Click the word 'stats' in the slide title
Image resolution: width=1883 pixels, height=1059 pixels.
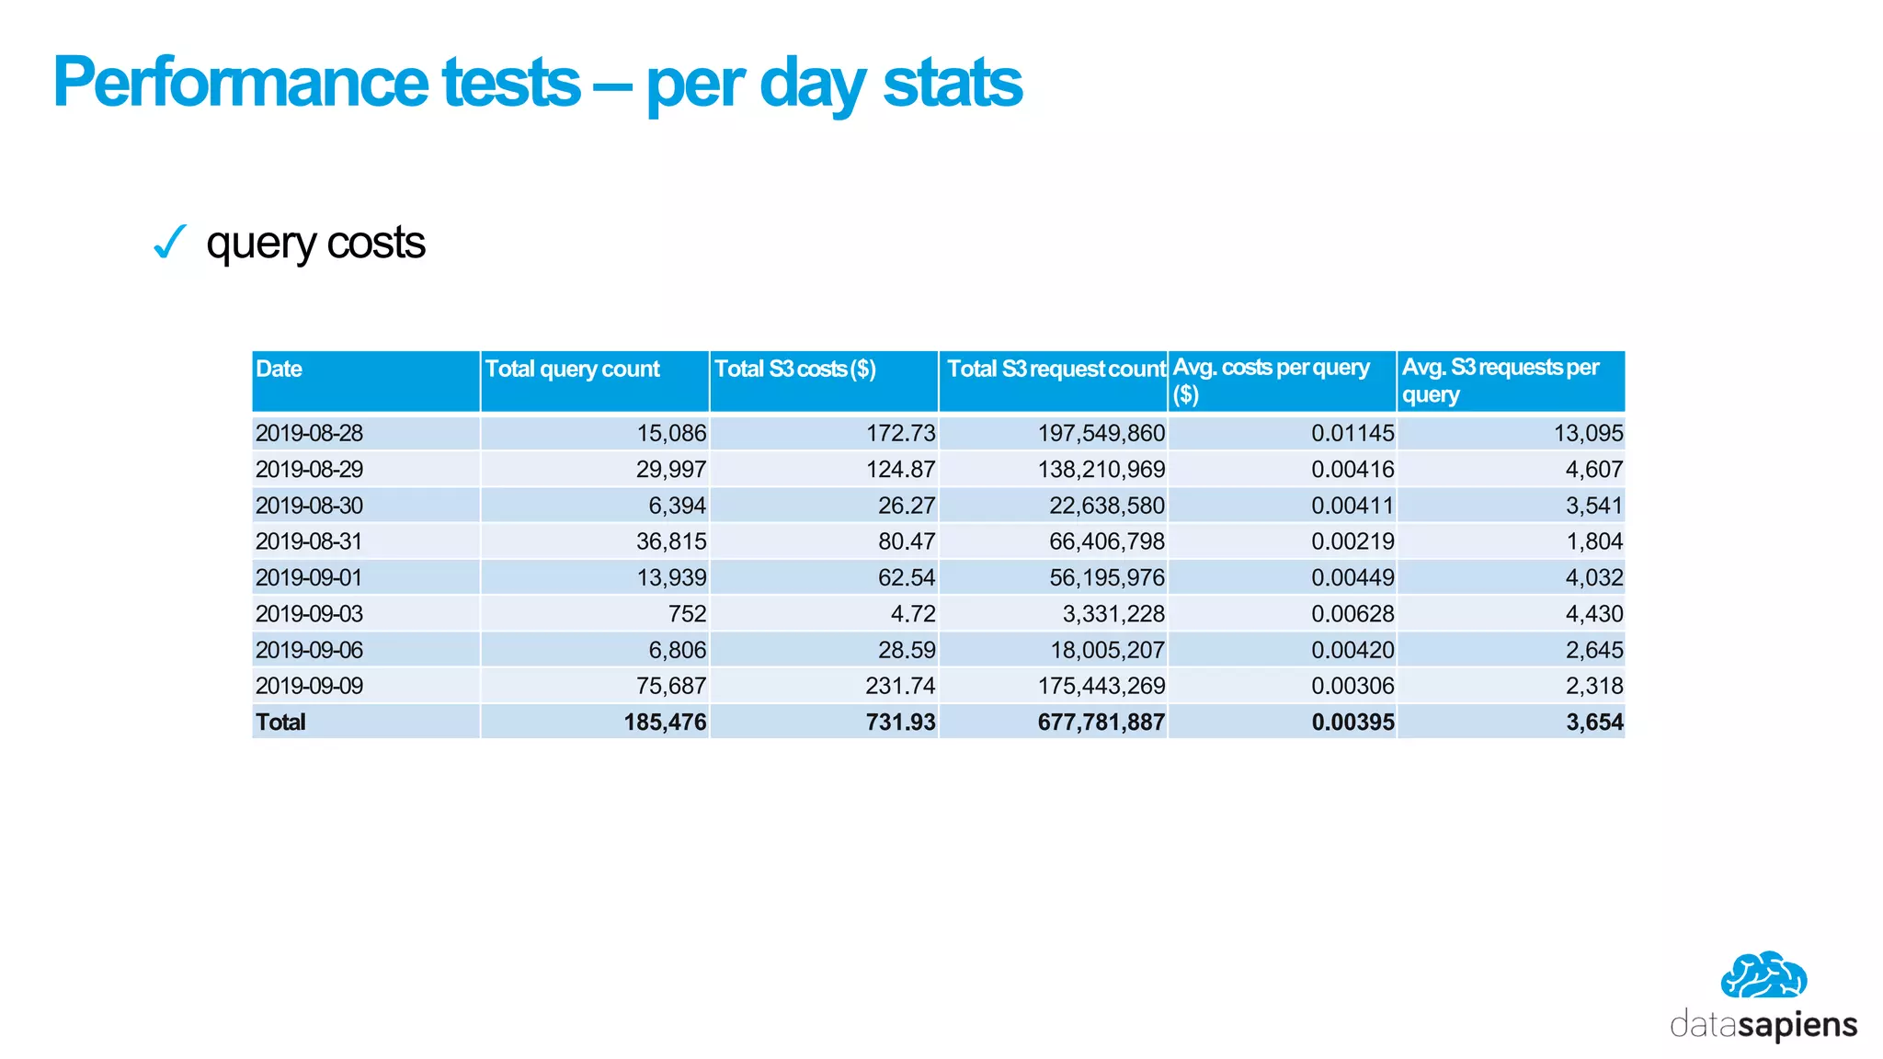pos(952,83)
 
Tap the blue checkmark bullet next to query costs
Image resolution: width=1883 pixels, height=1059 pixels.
pos(170,243)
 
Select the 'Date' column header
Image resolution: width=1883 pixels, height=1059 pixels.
pos(279,370)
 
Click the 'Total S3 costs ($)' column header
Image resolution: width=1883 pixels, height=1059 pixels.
pos(794,370)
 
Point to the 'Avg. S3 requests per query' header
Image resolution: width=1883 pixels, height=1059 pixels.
pos(1500,381)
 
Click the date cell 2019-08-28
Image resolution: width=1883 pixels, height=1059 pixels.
pos(309,433)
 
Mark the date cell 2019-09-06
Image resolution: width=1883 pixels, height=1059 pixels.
pos(309,650)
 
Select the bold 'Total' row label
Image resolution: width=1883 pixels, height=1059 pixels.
pos(280,723)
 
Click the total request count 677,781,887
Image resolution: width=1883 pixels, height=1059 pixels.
pos(1101,723)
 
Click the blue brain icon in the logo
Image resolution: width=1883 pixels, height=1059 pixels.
pos(1763,976)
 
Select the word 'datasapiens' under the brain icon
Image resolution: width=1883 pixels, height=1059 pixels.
pos(1763,1025)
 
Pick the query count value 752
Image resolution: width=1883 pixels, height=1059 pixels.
pos(687,614)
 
